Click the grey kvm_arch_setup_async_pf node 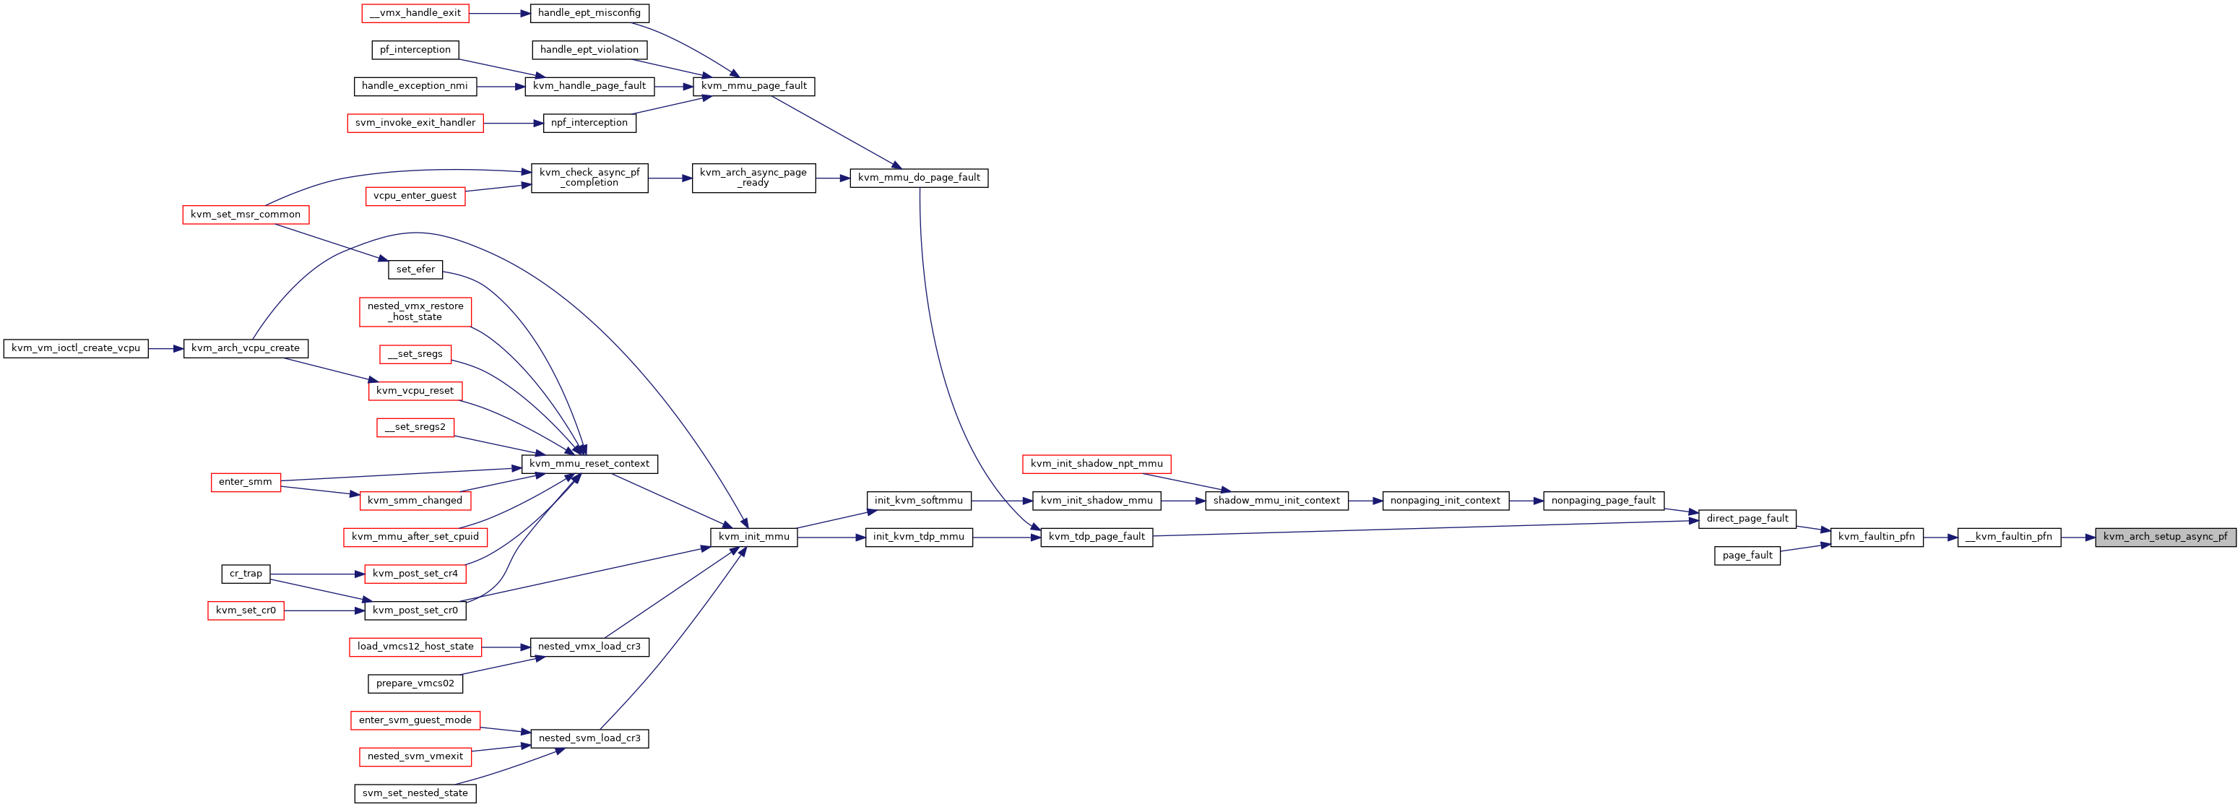(2165, 537)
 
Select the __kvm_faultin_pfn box (2009, 537)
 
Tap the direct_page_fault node (1747, 518)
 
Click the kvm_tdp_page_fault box (1097, 537)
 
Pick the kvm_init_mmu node (754, 537)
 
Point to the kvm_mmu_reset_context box (589, 464)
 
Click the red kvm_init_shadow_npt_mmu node (1097, 464)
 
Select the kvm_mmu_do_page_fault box (919, 178)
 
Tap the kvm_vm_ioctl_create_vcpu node (76, 348)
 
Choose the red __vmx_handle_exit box (415, 13)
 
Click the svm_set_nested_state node (415, 793)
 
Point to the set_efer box (415, 269)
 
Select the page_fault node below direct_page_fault (1747, 556)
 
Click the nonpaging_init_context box (1445, 500)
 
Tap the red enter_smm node (245, 482)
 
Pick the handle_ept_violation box (589, 50)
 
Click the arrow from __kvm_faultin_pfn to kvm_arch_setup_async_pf (2078, 538)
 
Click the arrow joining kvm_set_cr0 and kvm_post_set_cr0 (324, 610)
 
